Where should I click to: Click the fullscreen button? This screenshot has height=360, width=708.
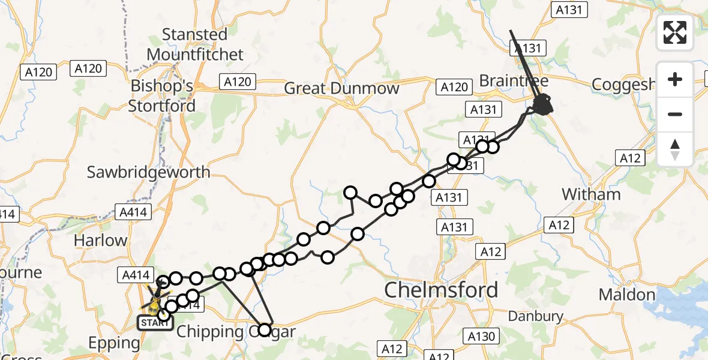pyautogui.click(x=675, y=32)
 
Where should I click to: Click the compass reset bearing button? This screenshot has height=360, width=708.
pyautogui.click(x=675, y=149)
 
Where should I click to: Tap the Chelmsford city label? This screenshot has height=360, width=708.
pyautogui.click(x=441, y=290)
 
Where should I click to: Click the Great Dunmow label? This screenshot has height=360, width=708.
pyautogui.click(x=341, y=89)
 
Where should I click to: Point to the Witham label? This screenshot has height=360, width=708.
pyautogui.click(x=591, y=194)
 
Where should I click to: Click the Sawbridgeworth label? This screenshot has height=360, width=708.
pyautogui.click(x=149, y=172)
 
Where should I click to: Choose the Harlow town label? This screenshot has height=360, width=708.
pyautogui.click(x=100, y=241)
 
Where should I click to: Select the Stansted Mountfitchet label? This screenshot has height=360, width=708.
pyautogui.click(x=195, y=44)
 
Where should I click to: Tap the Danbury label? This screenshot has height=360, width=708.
pyautogui.click(x=535, y=316)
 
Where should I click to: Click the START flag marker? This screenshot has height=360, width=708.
pyautogui.click(x=155, y=323)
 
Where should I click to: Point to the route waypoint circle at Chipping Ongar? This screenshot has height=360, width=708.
pyautogui.click(x=265, y=329)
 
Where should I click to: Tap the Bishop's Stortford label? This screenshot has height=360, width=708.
pyautogui.click(x=162, y=96)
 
